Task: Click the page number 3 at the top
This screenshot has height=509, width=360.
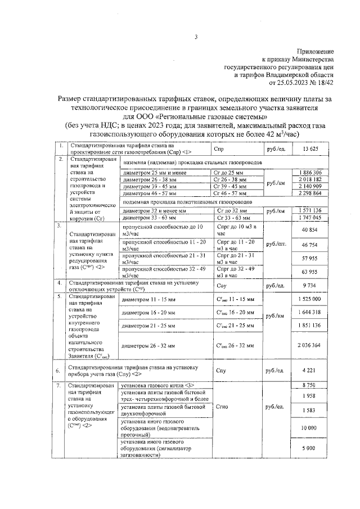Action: [x=196, y=38]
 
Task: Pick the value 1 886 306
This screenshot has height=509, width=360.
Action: [x=310, y=172]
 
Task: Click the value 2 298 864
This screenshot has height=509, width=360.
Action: [x=310, y=193]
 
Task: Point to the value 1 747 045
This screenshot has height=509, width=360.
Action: [x=310, y=217]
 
